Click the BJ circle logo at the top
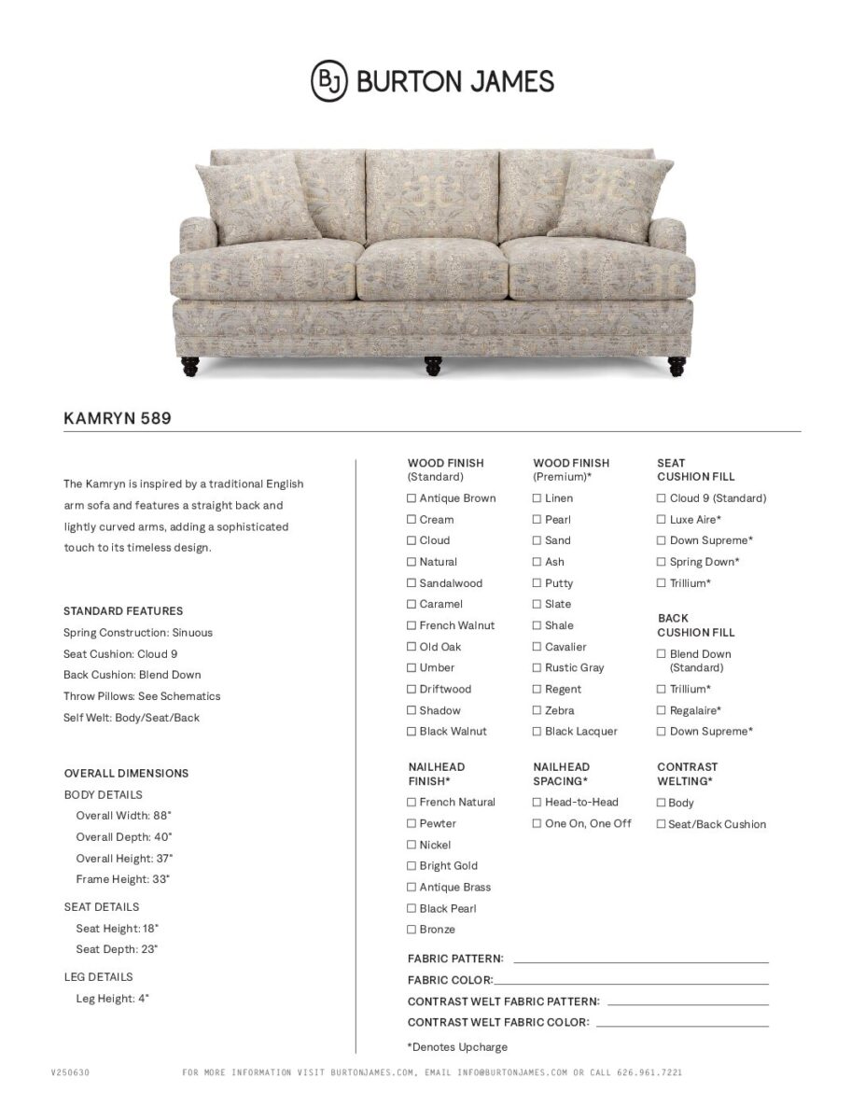click(328, 80)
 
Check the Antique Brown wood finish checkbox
click(412, 498)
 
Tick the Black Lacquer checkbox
click(537, 732)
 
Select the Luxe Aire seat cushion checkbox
click(662, 520)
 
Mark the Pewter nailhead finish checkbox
click(412, 824)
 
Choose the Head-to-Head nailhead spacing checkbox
click(537, 803)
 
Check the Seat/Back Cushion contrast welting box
click(662, 824)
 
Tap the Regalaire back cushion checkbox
click(662, 711)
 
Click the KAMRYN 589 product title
click(118, 419)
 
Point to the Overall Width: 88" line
click(124, 816)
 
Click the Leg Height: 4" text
click(113, 999)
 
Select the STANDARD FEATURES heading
click(123, 611)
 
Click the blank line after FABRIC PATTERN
click(640, 960)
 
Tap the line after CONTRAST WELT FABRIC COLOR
click(682, 1025)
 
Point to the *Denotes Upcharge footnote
click(457, 1047)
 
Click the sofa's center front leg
click(433, 365)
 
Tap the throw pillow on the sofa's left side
click(250, 197)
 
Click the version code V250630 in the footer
click(70, 1073)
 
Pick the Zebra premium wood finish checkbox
click(537, 711)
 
